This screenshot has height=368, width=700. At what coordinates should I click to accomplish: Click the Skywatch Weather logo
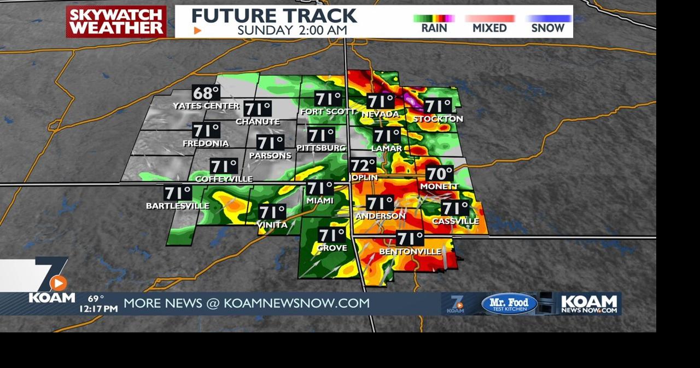pos(116,22)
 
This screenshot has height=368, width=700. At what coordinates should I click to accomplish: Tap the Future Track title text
pos(274,15)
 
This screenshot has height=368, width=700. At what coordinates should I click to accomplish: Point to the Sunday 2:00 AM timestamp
pos(292,30)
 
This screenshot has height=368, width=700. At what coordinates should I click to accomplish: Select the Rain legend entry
pos(434,27)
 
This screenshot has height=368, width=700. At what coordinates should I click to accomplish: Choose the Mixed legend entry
pos(489,27)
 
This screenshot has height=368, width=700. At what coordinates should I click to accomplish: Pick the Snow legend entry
pos(547,27)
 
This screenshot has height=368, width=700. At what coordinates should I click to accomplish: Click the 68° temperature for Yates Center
pos(206,93)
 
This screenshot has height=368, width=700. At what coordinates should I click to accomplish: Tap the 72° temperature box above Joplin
pos(364,165)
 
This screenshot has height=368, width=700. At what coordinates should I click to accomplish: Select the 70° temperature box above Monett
pos(440,174)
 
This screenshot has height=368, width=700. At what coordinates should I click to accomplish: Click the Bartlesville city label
pos(178,206)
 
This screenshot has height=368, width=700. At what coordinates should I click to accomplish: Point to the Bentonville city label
pos(410,251)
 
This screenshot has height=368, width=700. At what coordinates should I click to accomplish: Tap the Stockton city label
pos(438,119)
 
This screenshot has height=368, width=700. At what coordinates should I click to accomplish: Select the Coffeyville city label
pos(224,179)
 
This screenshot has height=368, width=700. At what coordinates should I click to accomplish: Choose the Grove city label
pos(332,248)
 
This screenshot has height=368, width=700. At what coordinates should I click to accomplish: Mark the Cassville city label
pos(456,221)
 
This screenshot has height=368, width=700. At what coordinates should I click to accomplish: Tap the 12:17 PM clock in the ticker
pos(98,309)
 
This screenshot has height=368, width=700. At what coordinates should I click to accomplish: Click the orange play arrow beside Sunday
pos(197,31)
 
